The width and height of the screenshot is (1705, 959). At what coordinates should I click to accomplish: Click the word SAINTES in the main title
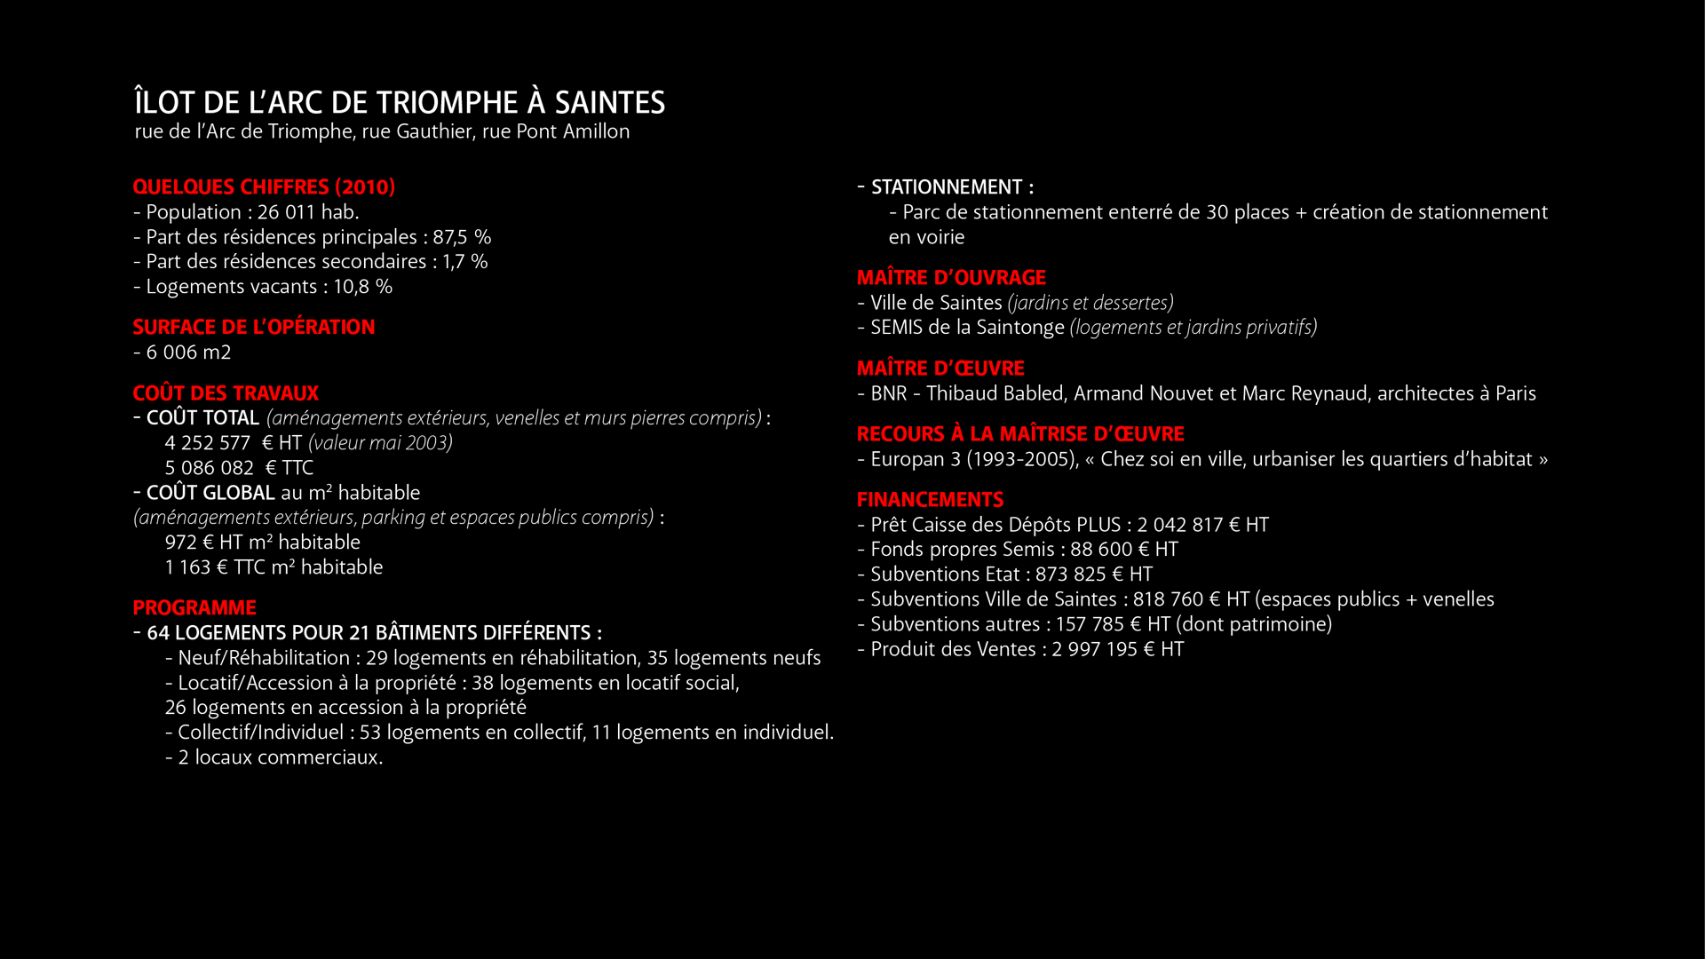[609, 103]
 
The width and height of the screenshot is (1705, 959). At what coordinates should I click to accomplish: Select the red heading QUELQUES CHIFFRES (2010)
[264, 187]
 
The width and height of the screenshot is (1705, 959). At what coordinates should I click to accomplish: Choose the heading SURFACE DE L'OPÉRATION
[254, 328]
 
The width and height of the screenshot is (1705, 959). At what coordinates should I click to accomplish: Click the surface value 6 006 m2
[188, 353]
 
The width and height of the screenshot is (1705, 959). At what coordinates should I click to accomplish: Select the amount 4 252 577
[207, 443]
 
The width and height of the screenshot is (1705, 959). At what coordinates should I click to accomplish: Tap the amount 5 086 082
[209, 468]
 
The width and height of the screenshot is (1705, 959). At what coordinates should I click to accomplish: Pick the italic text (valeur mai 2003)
[380, 443]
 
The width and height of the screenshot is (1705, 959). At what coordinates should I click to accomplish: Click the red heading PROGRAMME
[194, 608]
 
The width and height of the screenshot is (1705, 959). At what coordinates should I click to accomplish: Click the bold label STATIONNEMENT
[947, 187]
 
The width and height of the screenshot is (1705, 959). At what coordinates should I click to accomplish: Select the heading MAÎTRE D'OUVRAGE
[951, 278]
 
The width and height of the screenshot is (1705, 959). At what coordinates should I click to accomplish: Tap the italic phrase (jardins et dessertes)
[1090, 303]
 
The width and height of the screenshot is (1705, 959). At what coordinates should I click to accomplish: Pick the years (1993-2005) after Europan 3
[1020, 459]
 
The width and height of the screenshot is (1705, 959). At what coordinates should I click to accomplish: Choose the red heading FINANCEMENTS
[930, 500]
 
